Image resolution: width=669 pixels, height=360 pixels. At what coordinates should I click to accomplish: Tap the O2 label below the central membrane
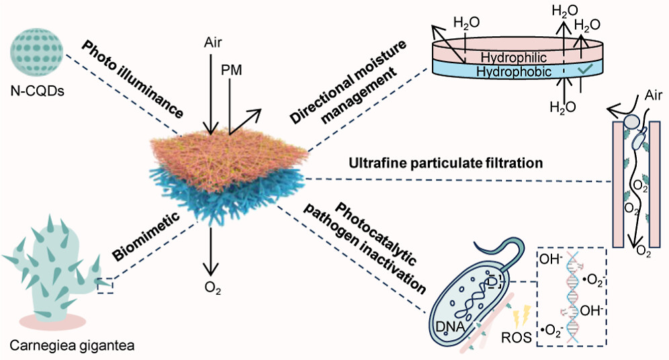(212, 289)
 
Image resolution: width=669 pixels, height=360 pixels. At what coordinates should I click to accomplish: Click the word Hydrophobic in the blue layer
(511, 71)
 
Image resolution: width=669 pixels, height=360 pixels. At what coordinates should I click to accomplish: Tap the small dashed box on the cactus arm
(105, 287)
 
